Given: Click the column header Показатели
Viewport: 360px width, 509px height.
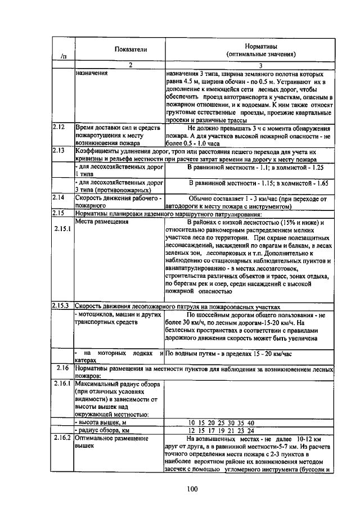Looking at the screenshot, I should (x=131, y=49).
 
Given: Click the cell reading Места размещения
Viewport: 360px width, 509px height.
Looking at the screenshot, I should (x=99, y=222).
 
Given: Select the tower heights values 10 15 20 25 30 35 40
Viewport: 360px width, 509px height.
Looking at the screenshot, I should (x=220, y=422).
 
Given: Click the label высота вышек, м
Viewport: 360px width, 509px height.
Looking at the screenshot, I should (x=102, y=422).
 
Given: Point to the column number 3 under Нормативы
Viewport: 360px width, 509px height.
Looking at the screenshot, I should (x=260, y=66).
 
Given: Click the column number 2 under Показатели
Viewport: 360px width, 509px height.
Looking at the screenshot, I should (x=130, y=66).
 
